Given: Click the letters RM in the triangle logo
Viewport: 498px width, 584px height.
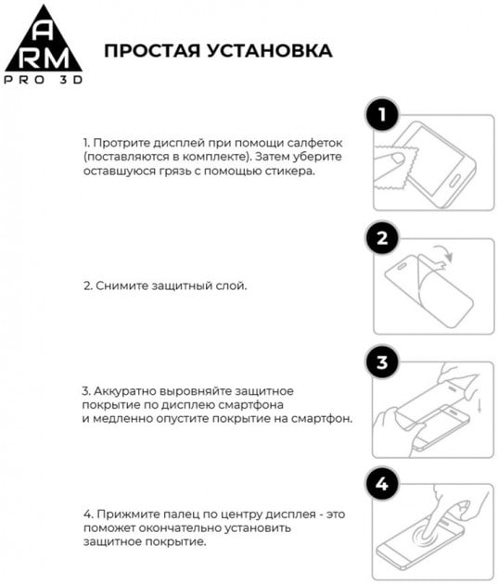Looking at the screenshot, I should tap(46, 55).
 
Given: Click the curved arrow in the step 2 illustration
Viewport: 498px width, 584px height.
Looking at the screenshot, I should tap(444, 257).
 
